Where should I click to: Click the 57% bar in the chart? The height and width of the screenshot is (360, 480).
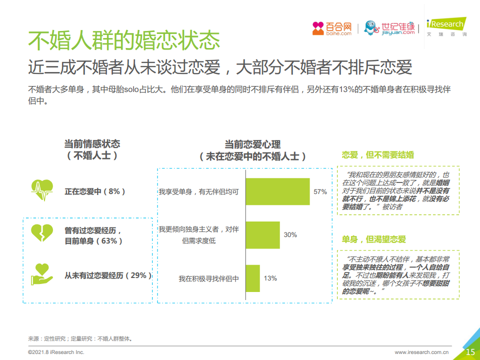277,191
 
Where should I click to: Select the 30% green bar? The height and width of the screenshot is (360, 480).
262,235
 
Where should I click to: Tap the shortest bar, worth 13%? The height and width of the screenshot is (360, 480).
252,278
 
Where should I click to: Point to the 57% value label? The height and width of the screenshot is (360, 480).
320,191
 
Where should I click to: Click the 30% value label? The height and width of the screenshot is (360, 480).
290,235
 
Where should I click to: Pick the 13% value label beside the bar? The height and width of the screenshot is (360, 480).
270,278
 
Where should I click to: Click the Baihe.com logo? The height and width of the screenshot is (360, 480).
332,28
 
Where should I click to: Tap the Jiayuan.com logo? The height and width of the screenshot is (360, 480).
390,28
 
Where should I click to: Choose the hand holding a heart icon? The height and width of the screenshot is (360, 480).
42,274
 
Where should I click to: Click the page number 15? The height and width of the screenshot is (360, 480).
470,352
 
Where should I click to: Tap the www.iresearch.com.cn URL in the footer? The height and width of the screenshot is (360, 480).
422,352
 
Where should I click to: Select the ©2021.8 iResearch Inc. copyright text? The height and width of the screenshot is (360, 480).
56,352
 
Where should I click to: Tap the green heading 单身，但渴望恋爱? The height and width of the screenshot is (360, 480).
374,239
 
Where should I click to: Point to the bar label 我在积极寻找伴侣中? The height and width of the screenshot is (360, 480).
208,278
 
